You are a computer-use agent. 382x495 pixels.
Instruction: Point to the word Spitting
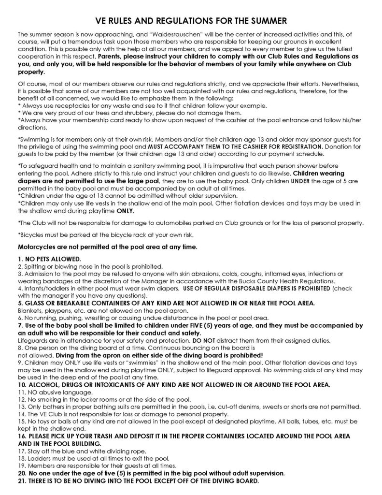[x=35, y=266]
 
